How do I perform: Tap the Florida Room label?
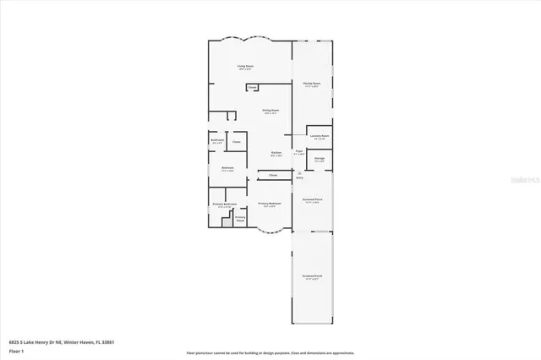312,84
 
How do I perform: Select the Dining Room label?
270,111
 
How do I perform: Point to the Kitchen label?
276,153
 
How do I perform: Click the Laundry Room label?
320,136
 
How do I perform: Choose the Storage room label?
320,158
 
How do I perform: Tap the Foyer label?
299,152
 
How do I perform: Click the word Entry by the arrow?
299,178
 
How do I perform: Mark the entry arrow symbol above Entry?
299,173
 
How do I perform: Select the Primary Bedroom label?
270,204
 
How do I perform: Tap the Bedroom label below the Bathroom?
227,168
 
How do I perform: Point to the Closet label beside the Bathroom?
237,142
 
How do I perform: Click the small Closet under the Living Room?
252,88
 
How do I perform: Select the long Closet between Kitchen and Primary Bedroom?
272,176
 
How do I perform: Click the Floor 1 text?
17,352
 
